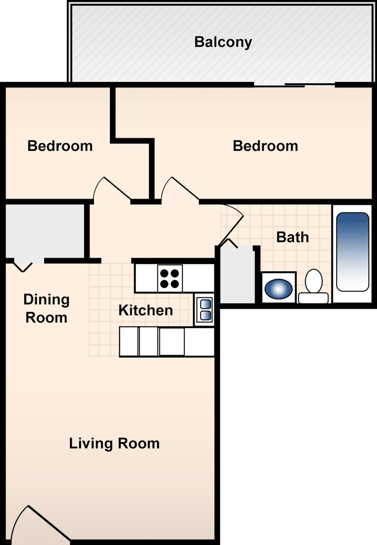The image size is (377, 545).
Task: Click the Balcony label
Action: point(223,42)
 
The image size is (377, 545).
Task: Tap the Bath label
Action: point(292,237)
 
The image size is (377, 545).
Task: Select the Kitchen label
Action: point(146,310)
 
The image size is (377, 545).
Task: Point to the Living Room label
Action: point(114,443)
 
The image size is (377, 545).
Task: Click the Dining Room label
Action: point(46,308)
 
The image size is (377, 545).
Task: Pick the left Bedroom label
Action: point(60,146)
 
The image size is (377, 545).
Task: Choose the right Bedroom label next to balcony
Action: point(265,146)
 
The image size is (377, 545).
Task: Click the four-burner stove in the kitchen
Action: point(170,278)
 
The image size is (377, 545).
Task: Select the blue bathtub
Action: point(353,252)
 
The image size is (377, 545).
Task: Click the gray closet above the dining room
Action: point(45,231)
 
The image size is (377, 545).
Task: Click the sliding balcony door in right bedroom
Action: point(295,85)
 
